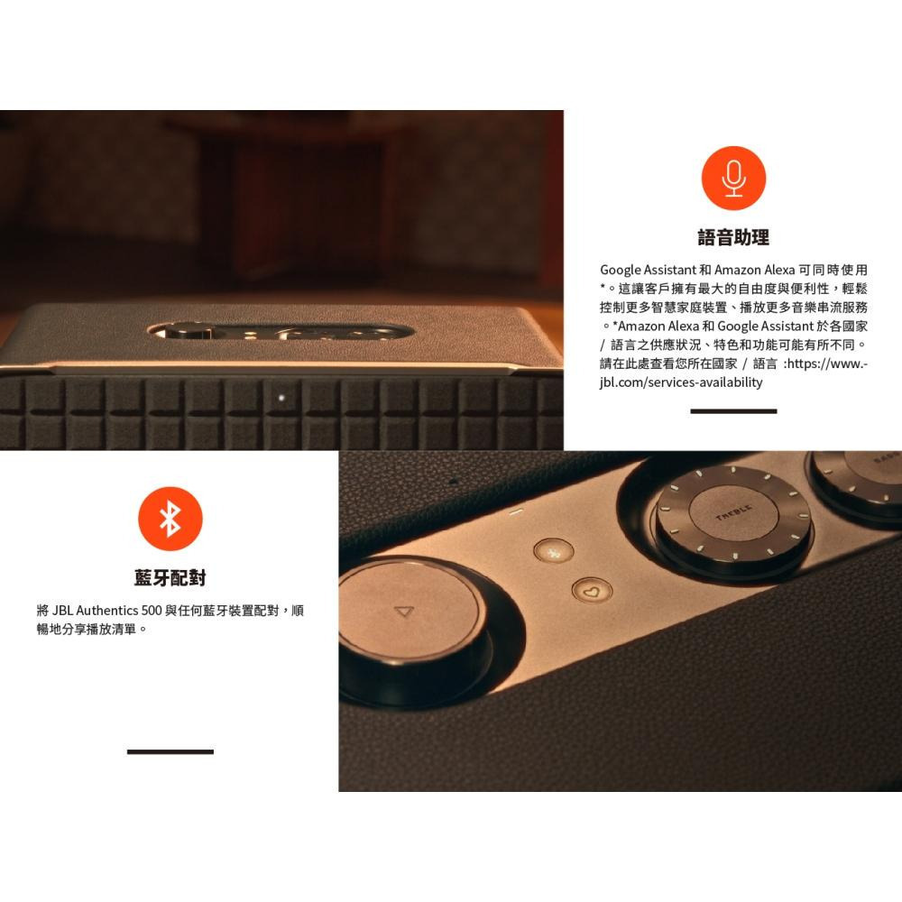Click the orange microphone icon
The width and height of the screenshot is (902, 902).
click(x=733, y=177)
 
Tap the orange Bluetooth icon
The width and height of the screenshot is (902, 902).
click(x=170, y=518)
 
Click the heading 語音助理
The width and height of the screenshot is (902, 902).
click(x=733, y=238)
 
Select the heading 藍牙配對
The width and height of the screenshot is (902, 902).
click(x=170, y=577)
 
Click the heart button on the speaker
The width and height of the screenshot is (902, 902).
click(x=592, y=592)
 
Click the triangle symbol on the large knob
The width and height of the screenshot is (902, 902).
click(x=403, y=612)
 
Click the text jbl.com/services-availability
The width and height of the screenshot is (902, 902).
click(x=681, y=382)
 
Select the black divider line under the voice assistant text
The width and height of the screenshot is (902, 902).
click(x=733, y=411)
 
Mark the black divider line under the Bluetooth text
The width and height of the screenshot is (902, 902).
click(x=170, y=751)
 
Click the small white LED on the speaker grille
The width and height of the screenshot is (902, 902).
click(x=281, y=395)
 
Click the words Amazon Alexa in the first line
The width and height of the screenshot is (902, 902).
click(x=755, y=270)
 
